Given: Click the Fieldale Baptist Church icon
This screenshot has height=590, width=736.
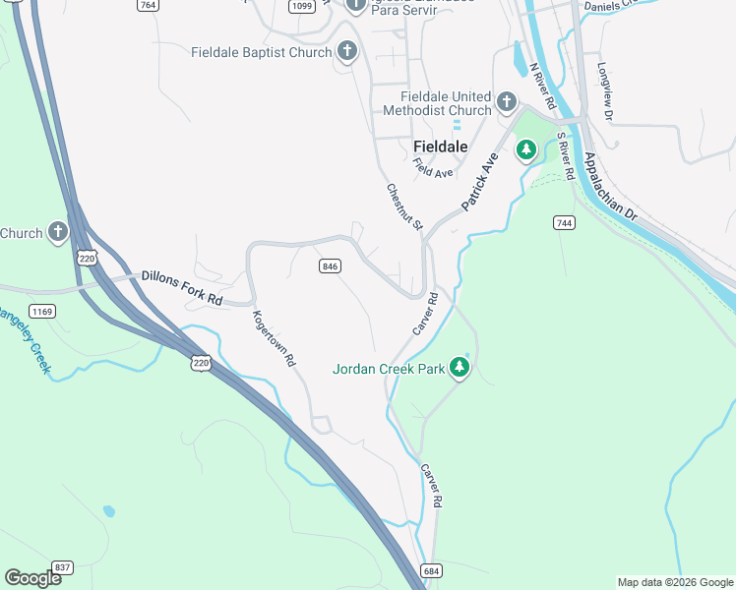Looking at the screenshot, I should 345,51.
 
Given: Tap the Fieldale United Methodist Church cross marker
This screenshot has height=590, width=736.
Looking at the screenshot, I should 506,101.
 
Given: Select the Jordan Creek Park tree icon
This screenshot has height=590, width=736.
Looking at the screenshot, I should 459,367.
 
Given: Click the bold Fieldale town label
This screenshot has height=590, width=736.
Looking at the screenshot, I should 440,146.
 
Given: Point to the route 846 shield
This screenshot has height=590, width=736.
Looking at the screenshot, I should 330,266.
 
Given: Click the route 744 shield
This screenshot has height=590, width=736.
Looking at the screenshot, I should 564,223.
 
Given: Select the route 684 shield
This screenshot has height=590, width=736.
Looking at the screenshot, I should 430,570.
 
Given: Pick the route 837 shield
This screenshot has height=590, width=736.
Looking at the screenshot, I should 64,567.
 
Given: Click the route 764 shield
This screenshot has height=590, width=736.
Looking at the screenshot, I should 149,5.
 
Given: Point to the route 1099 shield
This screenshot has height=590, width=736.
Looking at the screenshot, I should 302,5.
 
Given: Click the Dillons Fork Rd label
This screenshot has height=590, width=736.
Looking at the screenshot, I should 182,287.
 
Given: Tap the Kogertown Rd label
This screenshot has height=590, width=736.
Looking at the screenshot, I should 274,339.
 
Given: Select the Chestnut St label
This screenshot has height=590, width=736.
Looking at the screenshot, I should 403,207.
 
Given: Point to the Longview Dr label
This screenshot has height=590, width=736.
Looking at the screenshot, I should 604,92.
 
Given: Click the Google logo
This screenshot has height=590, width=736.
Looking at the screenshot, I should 32,578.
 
